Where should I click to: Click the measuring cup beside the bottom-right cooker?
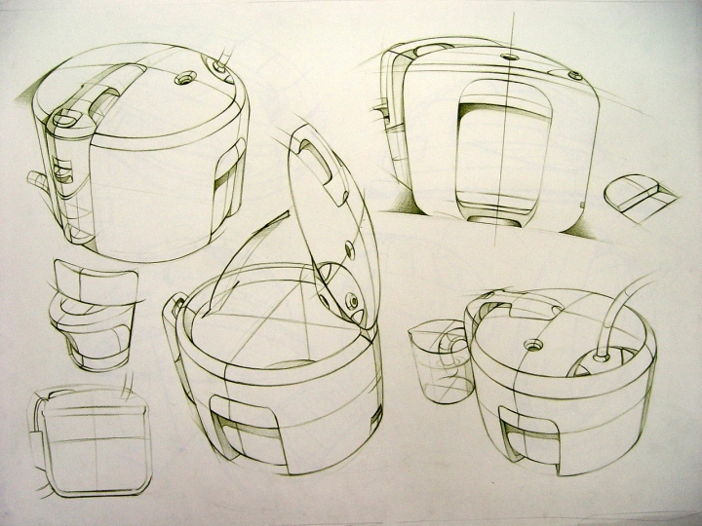click(x=438, y=360)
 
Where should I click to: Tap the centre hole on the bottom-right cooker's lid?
click(x=534, y=344)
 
